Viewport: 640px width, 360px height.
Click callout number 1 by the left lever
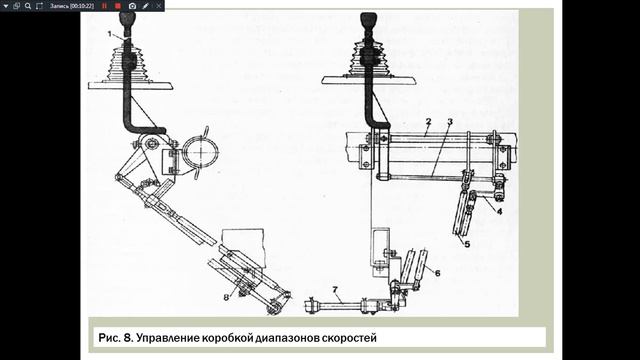click(x=109, y=34)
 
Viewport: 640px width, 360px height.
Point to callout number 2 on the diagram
click(x=428, y=122)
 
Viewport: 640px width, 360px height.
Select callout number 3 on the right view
click(x=450, y=122)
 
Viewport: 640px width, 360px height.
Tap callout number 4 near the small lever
click(x=499, y=211)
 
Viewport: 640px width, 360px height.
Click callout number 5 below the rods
click(x=467, y=244)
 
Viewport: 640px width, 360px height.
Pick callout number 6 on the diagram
click(x=437, y=273)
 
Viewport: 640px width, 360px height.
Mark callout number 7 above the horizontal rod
click(x=335, y=290)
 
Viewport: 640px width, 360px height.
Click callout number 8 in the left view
click(x=226, y=298)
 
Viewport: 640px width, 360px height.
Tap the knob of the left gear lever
click(x=127, y=18)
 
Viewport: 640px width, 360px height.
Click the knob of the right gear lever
click(x=369, y=20)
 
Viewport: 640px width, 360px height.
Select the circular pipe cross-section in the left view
click(x=200, y=151)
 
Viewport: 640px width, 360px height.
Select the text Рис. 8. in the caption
click(x=116, y=338)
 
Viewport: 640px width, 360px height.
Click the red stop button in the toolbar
click(x=118, y=6)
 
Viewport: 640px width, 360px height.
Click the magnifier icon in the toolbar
click(x=28, y=6)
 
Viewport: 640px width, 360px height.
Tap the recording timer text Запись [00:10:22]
click(x=72, y=6)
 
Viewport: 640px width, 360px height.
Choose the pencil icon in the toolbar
click(x=146, y=6)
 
